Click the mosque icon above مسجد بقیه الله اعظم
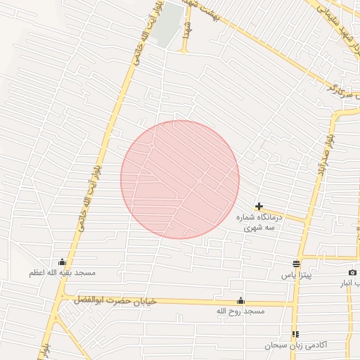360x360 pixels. pos(63,262)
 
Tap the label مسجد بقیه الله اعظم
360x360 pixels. pos(63,272)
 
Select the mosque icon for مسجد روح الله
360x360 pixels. pos(241,300)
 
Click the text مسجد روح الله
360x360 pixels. pos(239,310)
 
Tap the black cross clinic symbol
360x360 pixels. pos(259,206)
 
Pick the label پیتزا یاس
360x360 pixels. pos(296,274)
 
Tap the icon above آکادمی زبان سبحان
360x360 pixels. pos(296,334)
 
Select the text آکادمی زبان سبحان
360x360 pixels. pos(296,345)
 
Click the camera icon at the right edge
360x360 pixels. pos(352,273)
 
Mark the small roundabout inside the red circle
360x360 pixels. pos(152,145)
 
